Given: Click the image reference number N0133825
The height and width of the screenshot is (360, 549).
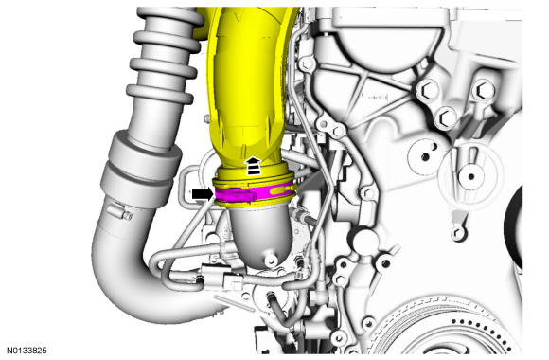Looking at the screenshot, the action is (x=27, y=351).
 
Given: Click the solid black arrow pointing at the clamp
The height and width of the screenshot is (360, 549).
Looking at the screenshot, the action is (x=203, y=194).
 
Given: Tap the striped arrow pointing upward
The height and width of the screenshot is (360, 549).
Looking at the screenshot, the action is (x=253, y=166).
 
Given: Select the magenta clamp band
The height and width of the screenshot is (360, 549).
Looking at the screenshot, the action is (x=255, y=194).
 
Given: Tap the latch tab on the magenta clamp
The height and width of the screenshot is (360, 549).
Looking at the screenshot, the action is (x=239, y=195).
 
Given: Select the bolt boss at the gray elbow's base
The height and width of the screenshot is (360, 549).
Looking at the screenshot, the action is (x=271, y=261).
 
